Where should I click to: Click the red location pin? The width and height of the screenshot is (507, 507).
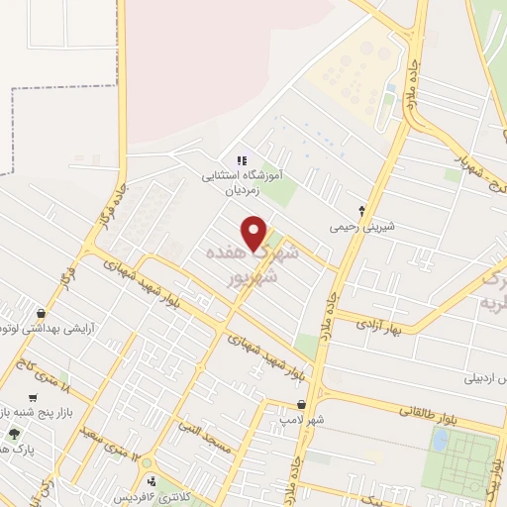click(x=255, y=232)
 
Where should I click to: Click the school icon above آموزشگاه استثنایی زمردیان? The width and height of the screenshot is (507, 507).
click(x=243, y=160)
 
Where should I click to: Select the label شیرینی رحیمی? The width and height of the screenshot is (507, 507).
click(x=362, y=226)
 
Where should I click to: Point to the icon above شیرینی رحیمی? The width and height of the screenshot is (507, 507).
click(x=362, y=209)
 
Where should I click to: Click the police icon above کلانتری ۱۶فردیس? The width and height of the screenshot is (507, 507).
click(x=152, y=483)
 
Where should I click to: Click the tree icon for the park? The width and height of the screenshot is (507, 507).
click(x=13, y=434)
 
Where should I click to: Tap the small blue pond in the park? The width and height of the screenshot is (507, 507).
click(x=439, y=441)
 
